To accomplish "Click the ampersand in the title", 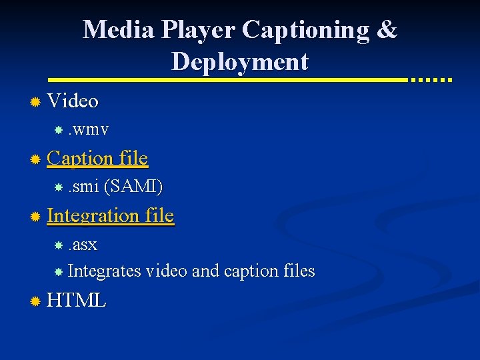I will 387,30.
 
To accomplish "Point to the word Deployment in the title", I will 240,62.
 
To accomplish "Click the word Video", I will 73,101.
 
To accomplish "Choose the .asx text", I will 83,245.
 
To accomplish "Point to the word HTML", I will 77,301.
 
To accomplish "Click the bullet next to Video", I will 35,102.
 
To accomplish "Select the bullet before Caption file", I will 35,159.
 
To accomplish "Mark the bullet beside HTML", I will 35,301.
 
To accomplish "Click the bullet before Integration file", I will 35,217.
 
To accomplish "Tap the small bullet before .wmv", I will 59,129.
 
